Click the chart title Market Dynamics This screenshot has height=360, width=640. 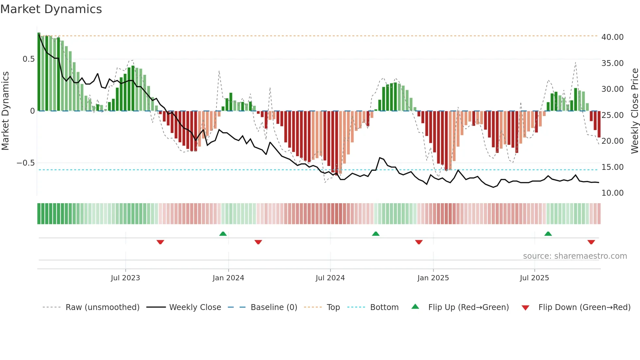[51, 9]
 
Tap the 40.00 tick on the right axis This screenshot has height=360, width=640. [612, 37]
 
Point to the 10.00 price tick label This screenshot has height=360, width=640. [612, 193]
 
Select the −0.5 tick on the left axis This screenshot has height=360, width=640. [25, 163]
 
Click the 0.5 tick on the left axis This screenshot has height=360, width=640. [28, 59]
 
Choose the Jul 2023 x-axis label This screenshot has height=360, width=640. [125, 278]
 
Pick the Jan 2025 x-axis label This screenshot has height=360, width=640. [433, 278]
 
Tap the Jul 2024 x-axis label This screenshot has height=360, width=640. [330, 278]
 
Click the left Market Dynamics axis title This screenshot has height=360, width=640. [5, 111]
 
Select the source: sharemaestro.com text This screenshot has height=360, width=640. [575, 256]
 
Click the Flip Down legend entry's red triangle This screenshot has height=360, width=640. [525, 308]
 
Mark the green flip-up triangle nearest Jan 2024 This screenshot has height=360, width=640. [223, 234]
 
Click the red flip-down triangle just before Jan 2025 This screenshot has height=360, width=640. [419, 242]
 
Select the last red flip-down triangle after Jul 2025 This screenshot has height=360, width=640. [591, 242]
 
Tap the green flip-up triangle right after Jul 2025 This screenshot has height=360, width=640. [548, 234]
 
